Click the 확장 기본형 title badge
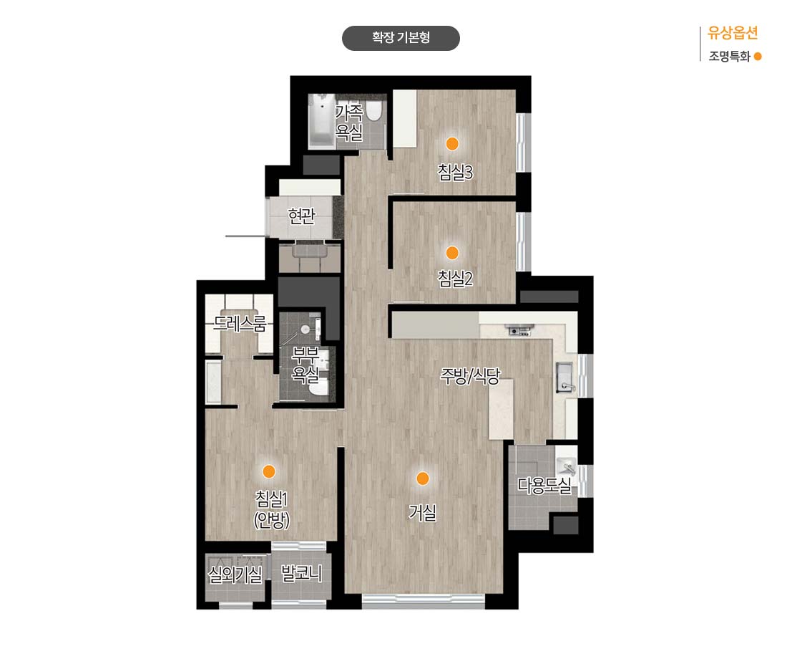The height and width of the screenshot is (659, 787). coord(401,38)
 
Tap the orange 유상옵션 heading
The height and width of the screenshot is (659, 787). coord(733,33)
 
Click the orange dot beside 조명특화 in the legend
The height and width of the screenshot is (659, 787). coord(758,57)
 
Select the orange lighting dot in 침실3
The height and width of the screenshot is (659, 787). coord(452,144)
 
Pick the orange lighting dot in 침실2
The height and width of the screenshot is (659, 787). coord(452,252)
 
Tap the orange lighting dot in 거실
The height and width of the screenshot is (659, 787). coord(423,478)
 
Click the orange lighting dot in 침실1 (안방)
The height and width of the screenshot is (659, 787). coord(269,471)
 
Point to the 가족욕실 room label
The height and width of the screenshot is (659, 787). coord(349,122)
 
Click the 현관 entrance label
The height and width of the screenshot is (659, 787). coord(301,216)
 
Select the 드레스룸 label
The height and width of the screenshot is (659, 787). coord(240,323)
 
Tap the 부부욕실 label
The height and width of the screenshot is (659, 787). coord(305,365)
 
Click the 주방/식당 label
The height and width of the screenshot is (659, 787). coord(470,375)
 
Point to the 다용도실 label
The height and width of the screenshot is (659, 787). coord(544,486)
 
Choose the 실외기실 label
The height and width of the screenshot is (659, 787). coord(235,574)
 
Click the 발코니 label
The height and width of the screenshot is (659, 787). coord(301,573)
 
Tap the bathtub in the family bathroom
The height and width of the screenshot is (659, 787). coord(321,120)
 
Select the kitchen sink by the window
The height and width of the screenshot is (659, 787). coord(565,377)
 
